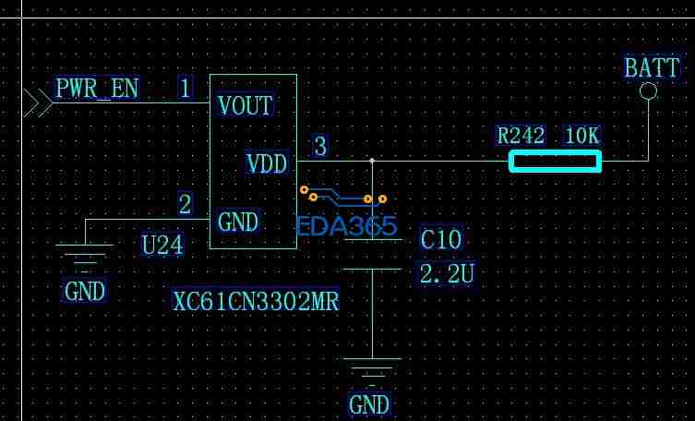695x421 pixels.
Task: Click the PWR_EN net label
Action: pyautogui.click(x=97, y=89)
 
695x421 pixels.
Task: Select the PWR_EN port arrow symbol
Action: pyautogui.click(x=37, y=102)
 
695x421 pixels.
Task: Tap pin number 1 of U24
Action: pyautogui.click(x=186, y=89)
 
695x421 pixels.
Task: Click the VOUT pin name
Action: pyautogui.click(x=246, y=105)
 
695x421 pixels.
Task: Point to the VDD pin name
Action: pyautogui.click(x=267, y=164)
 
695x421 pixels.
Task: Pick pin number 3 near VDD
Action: pyautogui.click(x=320, y=147)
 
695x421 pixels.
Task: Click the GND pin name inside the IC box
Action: pyautogui.click(x=238, y=223)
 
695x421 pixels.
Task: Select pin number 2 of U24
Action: pyautogui.click(x=186, y=204)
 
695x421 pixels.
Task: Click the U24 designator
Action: pyautogui.click(x=162, y=245)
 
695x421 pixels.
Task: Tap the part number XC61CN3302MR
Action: pyautogui.click(x=256, y=301)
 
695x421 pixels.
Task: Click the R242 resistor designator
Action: pyautogui.click(x=521, y=136)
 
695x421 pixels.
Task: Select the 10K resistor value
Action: pyautogui.click(x=581, y=136)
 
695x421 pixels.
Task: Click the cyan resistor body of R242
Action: pyautogui.click(x=555, y=162)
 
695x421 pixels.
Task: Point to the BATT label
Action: pyautogui.click(x=652, y=67)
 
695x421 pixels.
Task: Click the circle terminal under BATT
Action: pyautogui.click(x=648, y=90)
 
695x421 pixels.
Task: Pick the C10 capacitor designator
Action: pyautogui.click(x=440, y=240)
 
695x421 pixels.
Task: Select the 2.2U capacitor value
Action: pyautogui.click(x=447, y=273)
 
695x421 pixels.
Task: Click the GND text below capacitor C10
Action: pyautogui.click(x=369, y=404)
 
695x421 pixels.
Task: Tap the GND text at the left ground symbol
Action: pyautogui.click(x=85, y=292)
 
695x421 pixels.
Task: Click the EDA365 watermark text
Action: pyautogui.click(x=346, y=226)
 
